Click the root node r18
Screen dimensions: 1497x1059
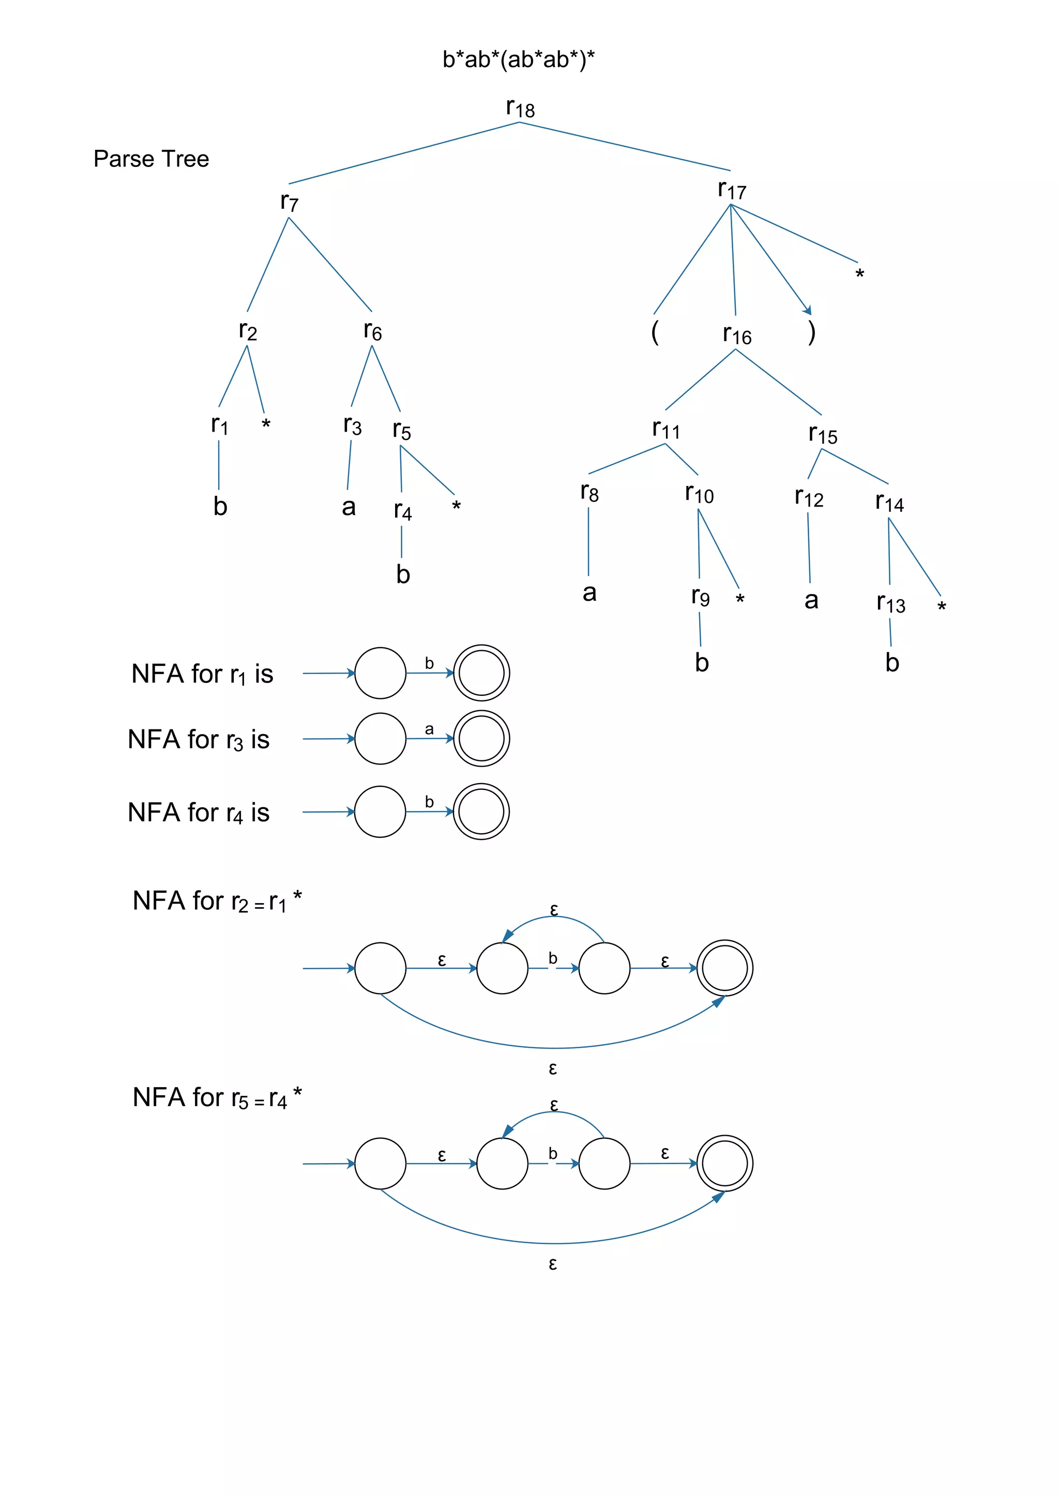tap(520, 108)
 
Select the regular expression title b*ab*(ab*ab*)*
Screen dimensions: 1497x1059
tap(519, 59)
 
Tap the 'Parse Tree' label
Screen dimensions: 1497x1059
tap(152, 159)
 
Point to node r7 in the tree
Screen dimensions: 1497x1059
tap(289, 202)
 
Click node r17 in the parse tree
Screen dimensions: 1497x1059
tap(732, 190)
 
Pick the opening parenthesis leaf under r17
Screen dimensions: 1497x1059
tap(655, 332)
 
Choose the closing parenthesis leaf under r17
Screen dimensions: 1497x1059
tap(811, 332)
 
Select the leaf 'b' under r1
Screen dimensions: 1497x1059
tap(220, 507)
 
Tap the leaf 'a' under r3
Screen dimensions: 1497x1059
tap(349, 507)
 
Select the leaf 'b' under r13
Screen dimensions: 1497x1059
tap(892, 663)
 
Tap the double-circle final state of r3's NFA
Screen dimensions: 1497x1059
tap(481, 739)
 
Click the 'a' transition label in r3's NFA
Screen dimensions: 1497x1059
tap(429, 729)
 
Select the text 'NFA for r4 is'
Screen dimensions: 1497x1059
tap(198, 813)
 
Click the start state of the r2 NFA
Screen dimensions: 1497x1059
tap(380, 968)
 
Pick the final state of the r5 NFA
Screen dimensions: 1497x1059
tap(724, 1164)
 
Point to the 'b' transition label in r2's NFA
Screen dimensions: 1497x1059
tap(553, 958)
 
